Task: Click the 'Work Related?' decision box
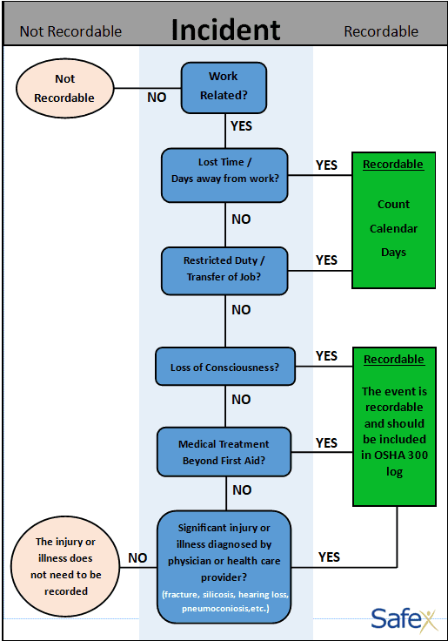click(x=224, y=88)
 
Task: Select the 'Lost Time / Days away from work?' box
click(x=224, y=175)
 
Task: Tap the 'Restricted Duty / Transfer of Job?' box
click(x=224, y=271)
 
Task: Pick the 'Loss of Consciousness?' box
click(x=225, y=367)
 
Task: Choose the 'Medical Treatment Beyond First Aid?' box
click(x=224, y=452)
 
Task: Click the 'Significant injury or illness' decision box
click(x=224, y=567)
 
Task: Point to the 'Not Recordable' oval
click(x=64, y=88)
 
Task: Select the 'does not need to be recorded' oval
click(x=65, y=567)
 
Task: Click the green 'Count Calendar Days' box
click(x=394, y=220)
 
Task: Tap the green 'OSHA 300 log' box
click(x=395, y=427)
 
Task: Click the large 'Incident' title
click(x=226, y=30)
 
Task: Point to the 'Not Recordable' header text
click(x=70, y=31)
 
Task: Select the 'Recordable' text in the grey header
click(x=381, y=31)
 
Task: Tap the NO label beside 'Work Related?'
click(x=157, y=98)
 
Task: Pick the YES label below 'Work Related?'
click(x=241, y=126)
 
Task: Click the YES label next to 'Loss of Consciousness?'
click(x=326, y=355)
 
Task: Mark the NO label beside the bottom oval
click(x=137, y=558)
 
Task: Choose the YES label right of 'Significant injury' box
click(x=329, y=557)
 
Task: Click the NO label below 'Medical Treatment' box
click(x=242, y=489)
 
